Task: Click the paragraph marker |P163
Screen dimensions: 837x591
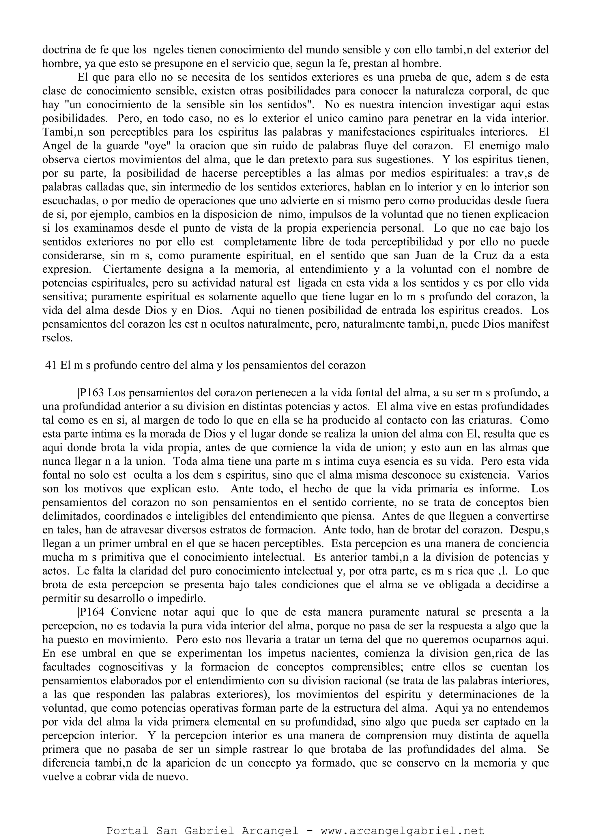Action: pyautogui.click(x=91, y=393)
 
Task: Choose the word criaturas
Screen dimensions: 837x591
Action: pyautogui.click(x=484, y=420)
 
